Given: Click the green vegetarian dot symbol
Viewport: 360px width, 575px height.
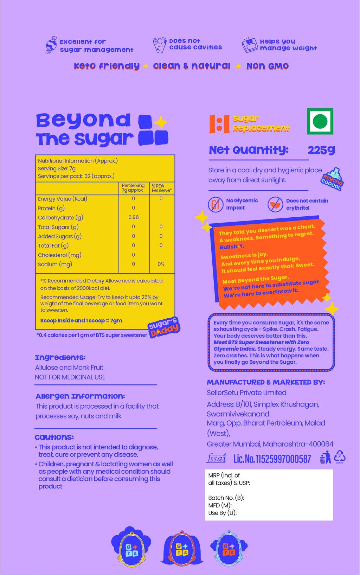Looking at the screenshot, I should [320, 121].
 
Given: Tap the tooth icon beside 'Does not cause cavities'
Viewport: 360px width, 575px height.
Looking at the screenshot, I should [160, 45].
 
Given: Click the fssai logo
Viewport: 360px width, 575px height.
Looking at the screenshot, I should [216, 458].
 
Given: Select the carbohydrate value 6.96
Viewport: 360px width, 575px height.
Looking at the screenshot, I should [134, 217].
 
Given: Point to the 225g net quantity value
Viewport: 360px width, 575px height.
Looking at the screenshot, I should [321, 150].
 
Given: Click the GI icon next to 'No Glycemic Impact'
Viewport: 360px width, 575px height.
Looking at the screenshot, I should [216, 204].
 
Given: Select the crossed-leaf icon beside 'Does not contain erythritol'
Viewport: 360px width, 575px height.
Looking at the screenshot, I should [275, 204].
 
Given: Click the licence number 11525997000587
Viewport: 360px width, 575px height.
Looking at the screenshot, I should [272, 459].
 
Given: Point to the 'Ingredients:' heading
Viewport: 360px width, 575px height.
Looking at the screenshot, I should [60, 358].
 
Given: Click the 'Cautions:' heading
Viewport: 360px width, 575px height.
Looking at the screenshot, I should [54, 437].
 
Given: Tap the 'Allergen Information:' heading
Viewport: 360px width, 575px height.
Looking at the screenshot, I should [80, 396].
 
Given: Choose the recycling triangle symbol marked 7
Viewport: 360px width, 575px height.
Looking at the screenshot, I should [340, 457].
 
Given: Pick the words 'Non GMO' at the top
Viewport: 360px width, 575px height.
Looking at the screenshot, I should [268, 66].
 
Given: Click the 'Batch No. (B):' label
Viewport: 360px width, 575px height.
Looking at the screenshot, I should [226, 498].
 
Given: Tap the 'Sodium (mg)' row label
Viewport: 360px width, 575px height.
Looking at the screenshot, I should [55, 264].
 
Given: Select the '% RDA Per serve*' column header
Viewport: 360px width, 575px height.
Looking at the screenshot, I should [162, 188].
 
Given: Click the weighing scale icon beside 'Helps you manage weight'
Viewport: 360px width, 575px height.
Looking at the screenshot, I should [250, 45].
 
